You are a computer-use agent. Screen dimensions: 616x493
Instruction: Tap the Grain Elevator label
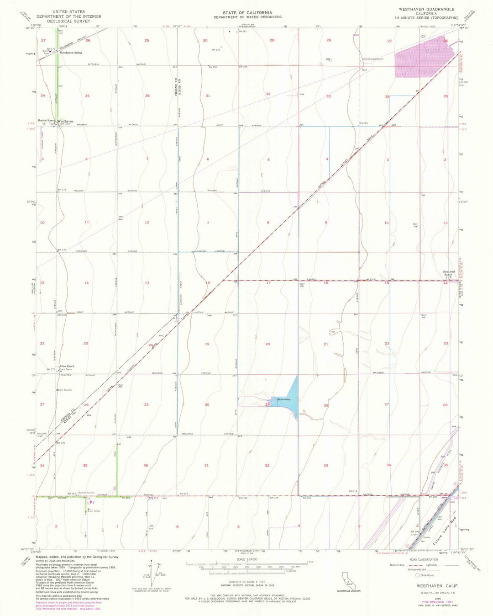[64, 390]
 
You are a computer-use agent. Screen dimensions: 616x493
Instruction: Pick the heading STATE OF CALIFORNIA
[247, 13]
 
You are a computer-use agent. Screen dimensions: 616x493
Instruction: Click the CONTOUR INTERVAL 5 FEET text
[247, 582]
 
